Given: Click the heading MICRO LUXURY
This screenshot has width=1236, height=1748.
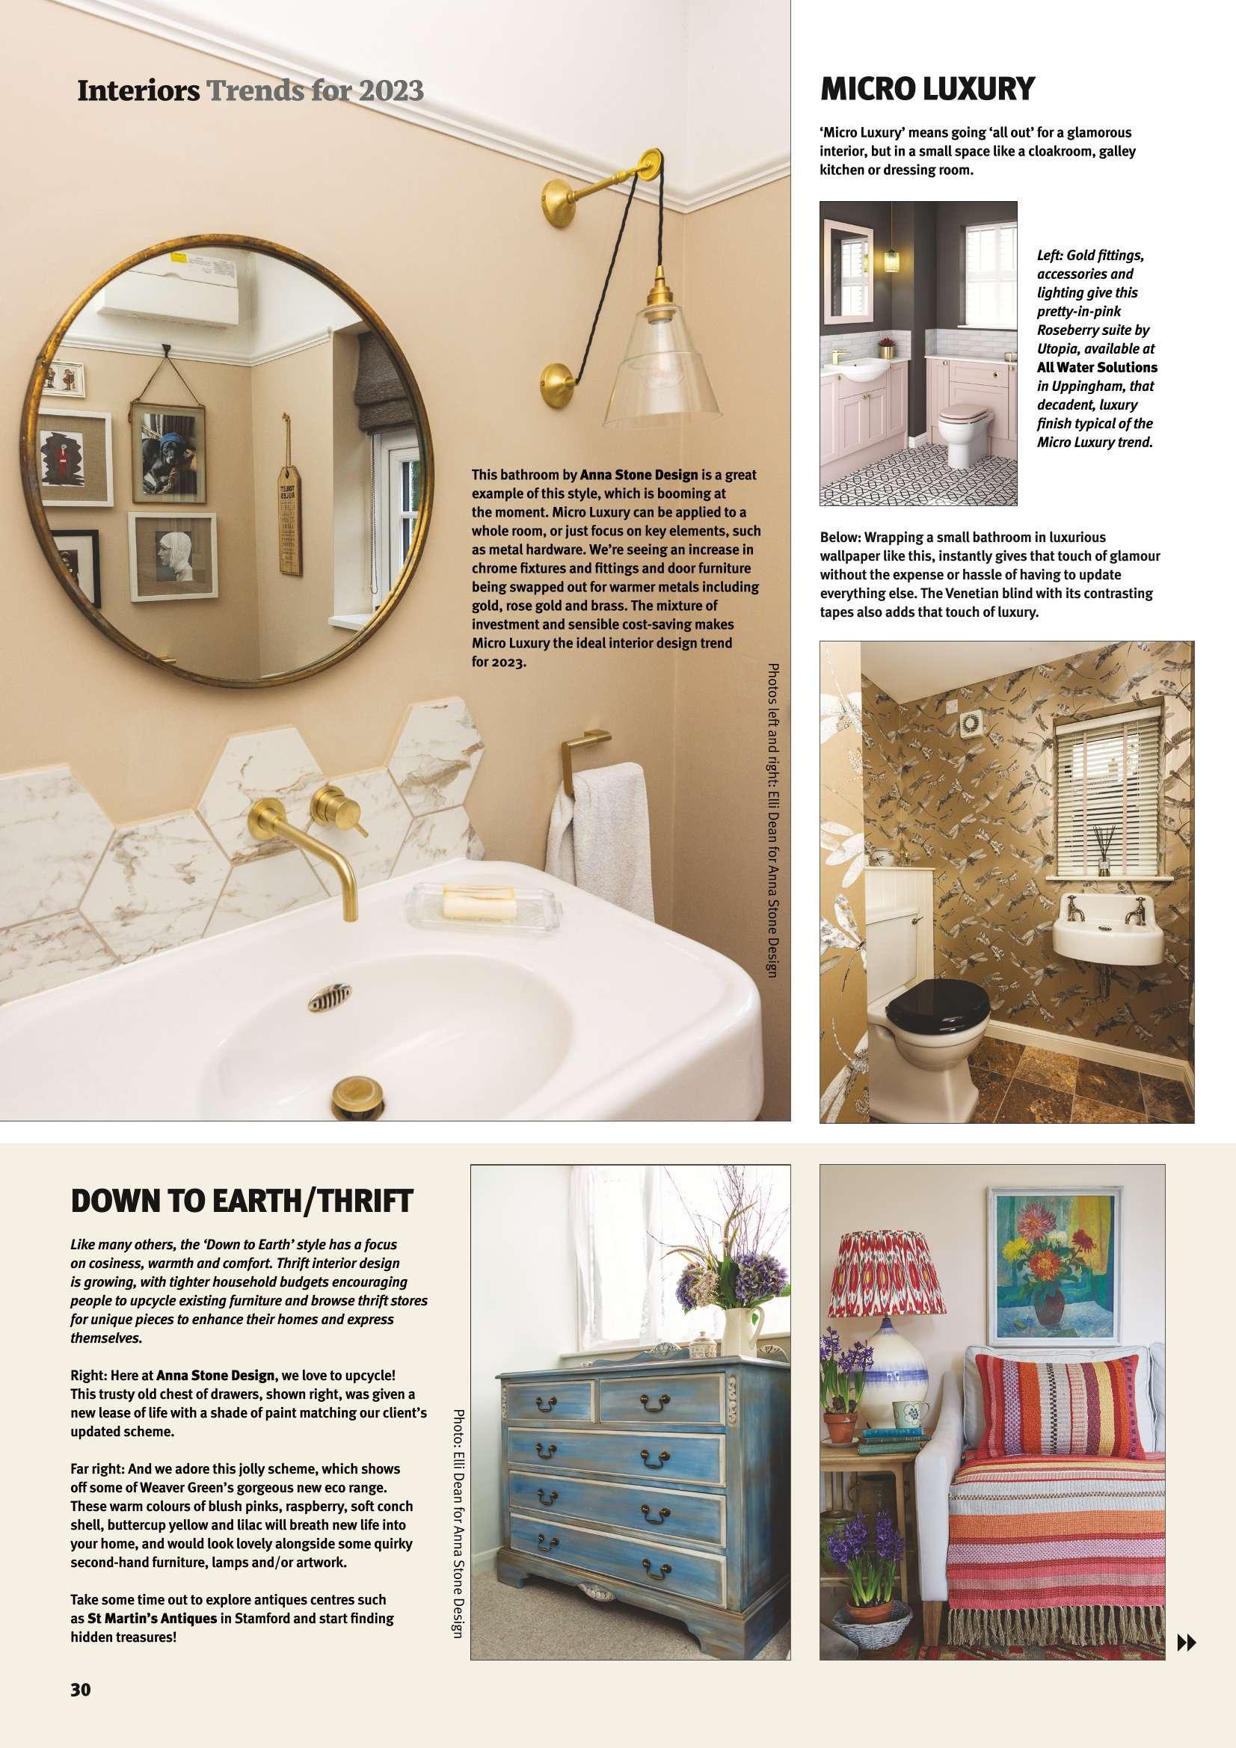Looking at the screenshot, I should (926, 90).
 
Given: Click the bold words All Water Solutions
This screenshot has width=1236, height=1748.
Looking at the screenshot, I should (1097, 368).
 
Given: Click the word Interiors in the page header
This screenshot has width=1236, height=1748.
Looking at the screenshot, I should (138, 91).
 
